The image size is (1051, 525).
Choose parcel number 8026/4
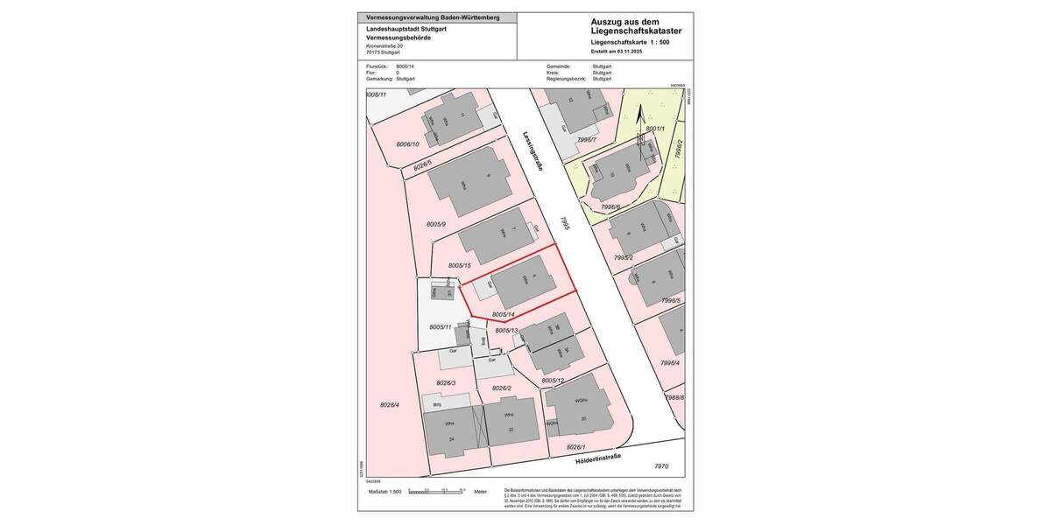click(x=389, y=404)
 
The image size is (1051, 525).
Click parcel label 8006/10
click(x=407, y=144)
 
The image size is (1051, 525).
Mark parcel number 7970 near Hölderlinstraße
click(x=661, y=466)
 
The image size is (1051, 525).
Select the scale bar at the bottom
click(x=443, y=492)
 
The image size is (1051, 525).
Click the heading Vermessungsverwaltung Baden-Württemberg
click(x=433, y=17)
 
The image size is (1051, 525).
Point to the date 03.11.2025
click(x=629, y=52)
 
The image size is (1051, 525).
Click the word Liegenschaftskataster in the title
click(x=636, y=31)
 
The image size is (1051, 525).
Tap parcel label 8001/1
click(x=655, y=129)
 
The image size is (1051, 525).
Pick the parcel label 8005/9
click(x=436, y=225)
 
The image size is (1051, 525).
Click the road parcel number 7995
click(x=566, y=224)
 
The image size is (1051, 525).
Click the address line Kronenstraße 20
click(x=384, y=45)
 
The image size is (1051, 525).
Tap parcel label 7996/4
click(x=670, y=362)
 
